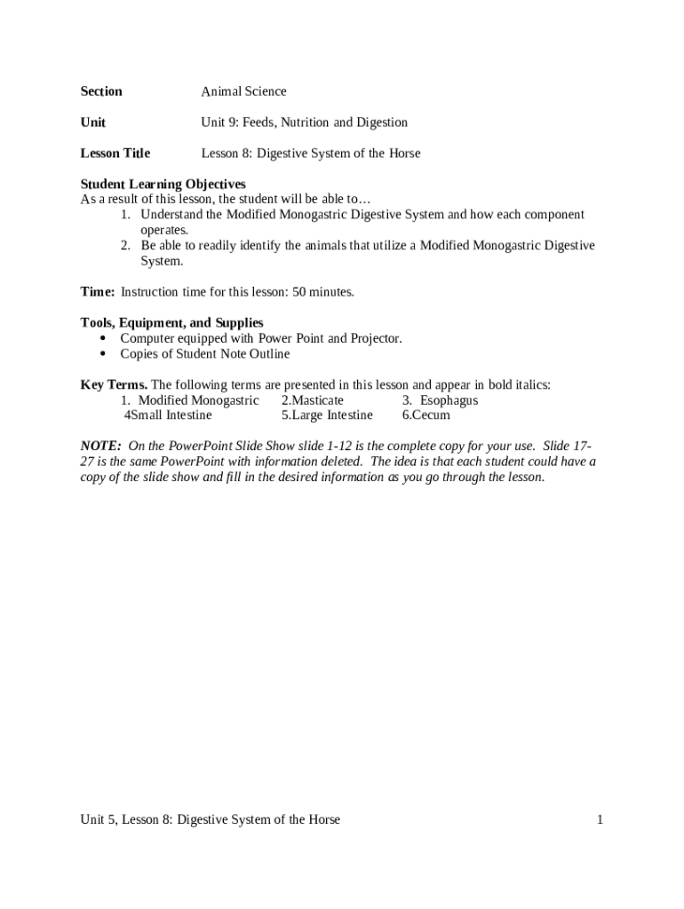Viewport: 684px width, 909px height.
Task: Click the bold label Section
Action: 101,91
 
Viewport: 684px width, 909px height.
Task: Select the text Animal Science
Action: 243,91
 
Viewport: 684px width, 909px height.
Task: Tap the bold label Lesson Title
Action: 115,154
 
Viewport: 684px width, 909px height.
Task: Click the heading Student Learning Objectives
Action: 163,185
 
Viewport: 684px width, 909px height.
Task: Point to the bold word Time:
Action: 98,292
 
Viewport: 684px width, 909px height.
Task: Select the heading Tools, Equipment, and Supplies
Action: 171,323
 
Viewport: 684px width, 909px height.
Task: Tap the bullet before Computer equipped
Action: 103,339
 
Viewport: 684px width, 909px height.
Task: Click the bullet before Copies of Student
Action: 103,354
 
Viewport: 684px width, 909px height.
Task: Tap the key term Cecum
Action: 431,415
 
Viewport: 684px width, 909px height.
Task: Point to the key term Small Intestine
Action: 171,415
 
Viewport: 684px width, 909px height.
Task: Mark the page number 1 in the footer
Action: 600,820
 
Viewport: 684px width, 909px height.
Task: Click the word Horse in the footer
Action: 322,820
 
